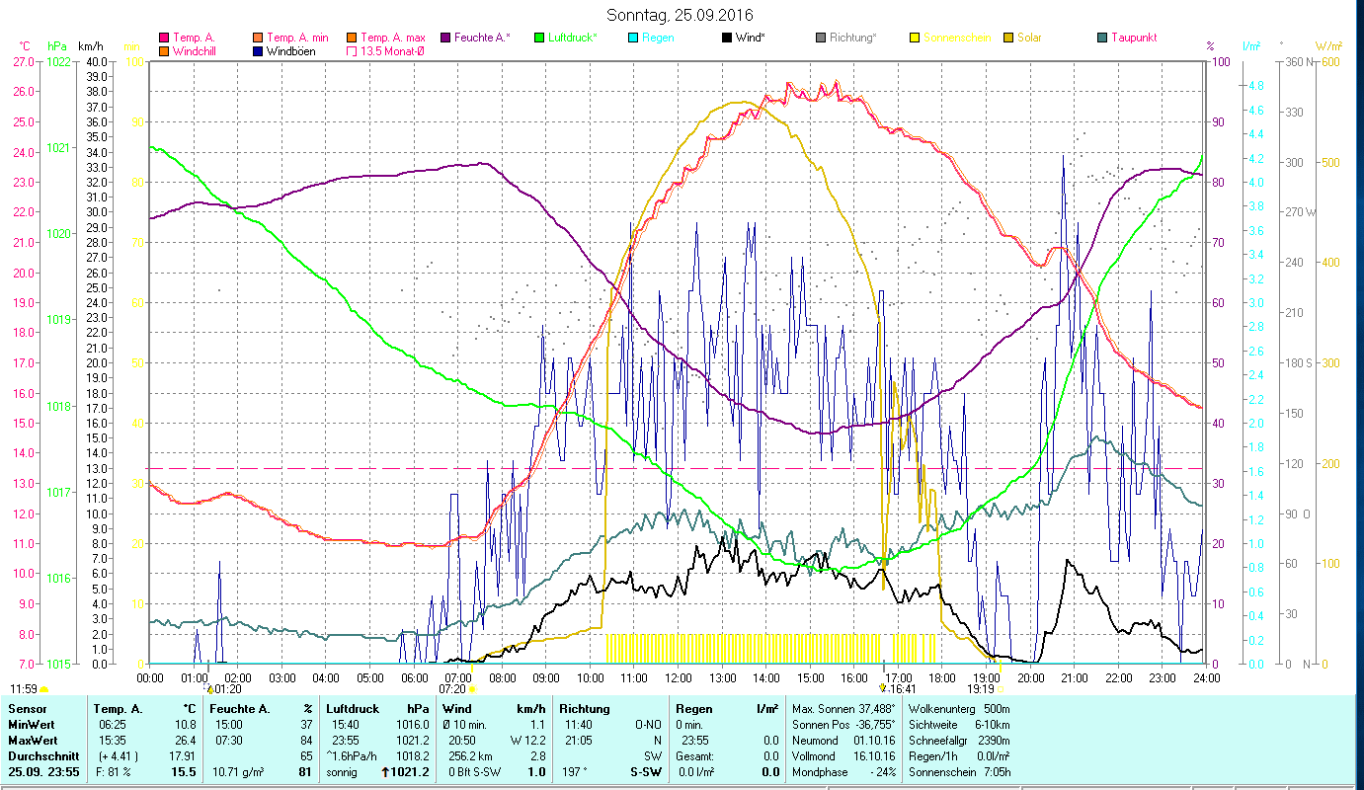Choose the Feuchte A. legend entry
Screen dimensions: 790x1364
[482, 38]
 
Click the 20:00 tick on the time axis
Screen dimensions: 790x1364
[1031, 677]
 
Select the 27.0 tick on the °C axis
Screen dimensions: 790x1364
[23, 61]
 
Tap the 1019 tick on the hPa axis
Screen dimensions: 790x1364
[58, 320]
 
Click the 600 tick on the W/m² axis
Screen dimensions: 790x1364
[1329, 61]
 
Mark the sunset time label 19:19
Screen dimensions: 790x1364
[981, 689]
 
